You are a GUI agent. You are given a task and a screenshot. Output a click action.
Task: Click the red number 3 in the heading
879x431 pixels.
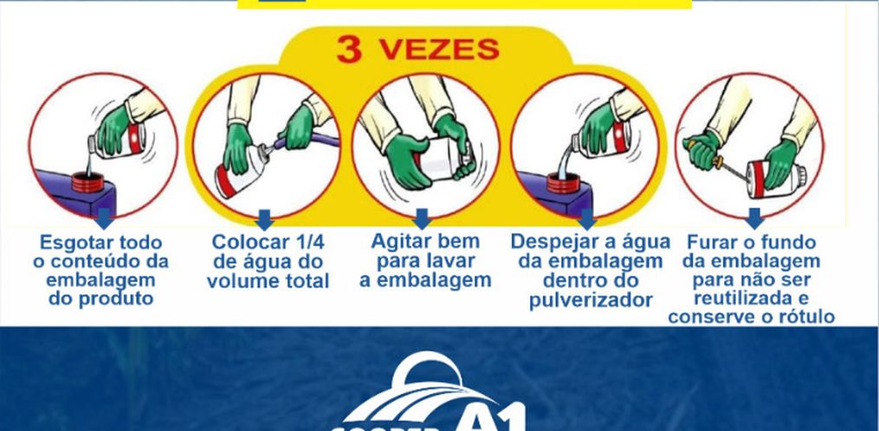point(349,50)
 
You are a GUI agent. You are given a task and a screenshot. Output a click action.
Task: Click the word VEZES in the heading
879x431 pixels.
point(439,49)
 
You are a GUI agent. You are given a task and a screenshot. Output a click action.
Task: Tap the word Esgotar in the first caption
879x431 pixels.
point(73,244)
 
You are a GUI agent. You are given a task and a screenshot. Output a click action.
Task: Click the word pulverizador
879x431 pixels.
point(591,300)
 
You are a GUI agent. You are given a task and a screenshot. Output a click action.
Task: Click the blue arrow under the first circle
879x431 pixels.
point(104,219)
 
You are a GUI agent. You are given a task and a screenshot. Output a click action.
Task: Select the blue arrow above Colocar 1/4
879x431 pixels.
point(264,219)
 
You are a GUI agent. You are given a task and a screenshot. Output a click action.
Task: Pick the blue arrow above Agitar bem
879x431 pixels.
point(422,219)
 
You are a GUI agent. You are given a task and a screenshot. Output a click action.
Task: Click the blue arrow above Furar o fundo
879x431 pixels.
point(754,219)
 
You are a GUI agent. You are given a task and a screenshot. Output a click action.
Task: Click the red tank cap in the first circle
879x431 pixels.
point(88,182)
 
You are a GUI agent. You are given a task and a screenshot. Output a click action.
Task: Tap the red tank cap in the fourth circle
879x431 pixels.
point(564,183)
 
